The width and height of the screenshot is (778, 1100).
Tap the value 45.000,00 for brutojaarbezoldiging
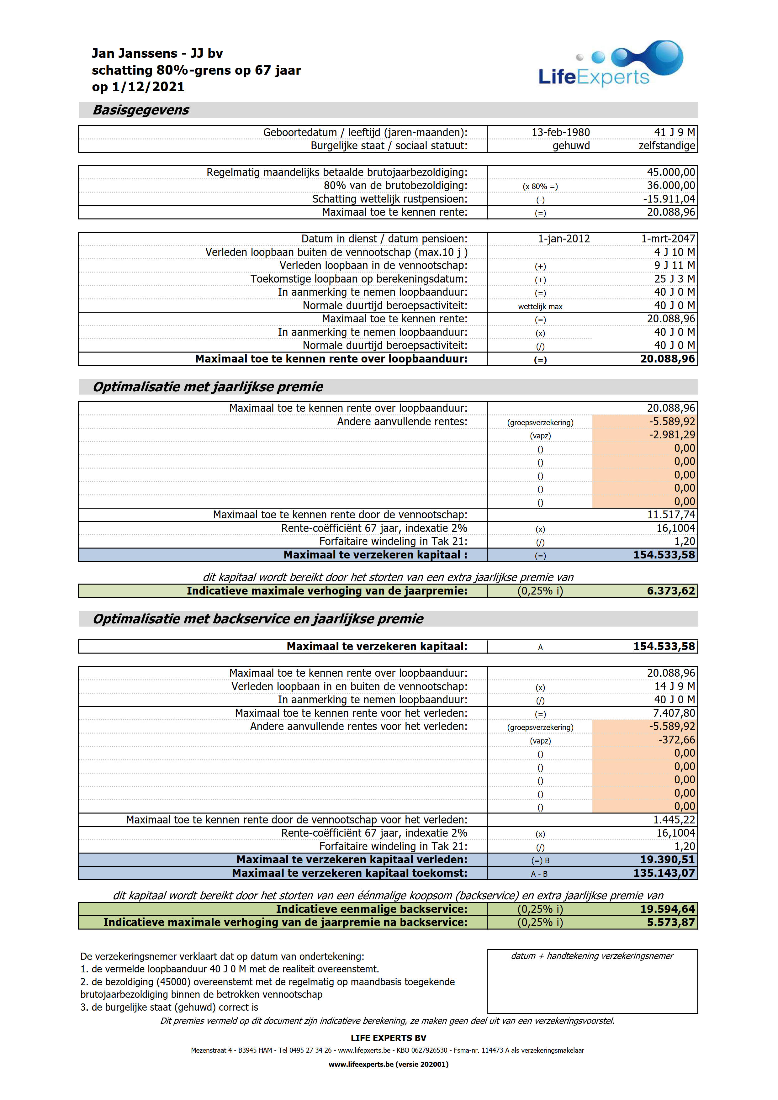(x=671, y=172)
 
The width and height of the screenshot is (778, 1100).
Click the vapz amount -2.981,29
(x=672, y=435)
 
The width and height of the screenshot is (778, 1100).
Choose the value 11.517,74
(x=671, y=515)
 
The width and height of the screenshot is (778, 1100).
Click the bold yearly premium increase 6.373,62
(x=671, y=591)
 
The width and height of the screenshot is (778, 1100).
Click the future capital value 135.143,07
(x=664, y=873)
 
